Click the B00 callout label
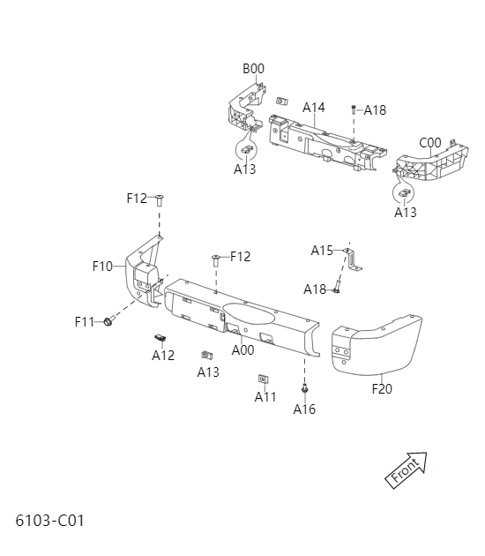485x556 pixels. [x=254, y=69]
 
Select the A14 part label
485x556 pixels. [x=314, y=108]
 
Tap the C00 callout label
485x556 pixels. [x=430, y=143]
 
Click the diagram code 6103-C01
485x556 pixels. [x=49, y=520]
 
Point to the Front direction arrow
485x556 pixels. [x=407, y=469]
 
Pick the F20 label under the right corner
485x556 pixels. [x=382, y=387]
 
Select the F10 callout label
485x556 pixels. [x=102, y=266]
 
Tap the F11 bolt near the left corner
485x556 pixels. [x=108, y=321]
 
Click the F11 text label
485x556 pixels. [x=85, y=322]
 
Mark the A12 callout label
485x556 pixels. [x=163, y=356]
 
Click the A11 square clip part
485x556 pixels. [x=263, y=379]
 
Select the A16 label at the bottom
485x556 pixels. [x=304, y=409]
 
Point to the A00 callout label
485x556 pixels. [x=242, y=350]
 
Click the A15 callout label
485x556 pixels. [x=322, y=251]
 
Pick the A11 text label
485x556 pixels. [x=265, y=397]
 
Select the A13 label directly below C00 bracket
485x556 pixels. [x=406, y=213]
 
